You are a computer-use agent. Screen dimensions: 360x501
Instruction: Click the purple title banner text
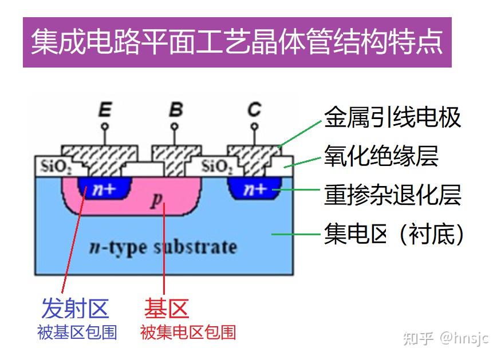click(x=236, y=42)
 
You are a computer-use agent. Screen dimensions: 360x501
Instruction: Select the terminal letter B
click(x=176, y=109)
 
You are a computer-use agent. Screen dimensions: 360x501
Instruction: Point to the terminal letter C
click(x=254, y=109)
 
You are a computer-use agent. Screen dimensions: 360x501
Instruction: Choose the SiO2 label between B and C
click(x=217, y=167)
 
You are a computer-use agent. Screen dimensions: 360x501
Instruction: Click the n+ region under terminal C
click(x=255, y=188)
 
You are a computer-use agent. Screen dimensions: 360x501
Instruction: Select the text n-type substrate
click(x=163, y=247)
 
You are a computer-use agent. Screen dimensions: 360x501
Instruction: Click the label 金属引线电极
click(x=392, y=117)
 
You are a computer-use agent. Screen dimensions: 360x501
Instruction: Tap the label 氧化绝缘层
click(x=381, y=156)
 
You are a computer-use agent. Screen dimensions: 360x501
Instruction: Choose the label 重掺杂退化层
click(x=392, y=194)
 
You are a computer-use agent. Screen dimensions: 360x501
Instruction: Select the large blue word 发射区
click(x=74, y=308)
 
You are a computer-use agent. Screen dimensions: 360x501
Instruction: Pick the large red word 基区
click(x=166, y=308)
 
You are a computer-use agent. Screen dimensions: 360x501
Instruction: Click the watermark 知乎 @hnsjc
click(x=445, y=338)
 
